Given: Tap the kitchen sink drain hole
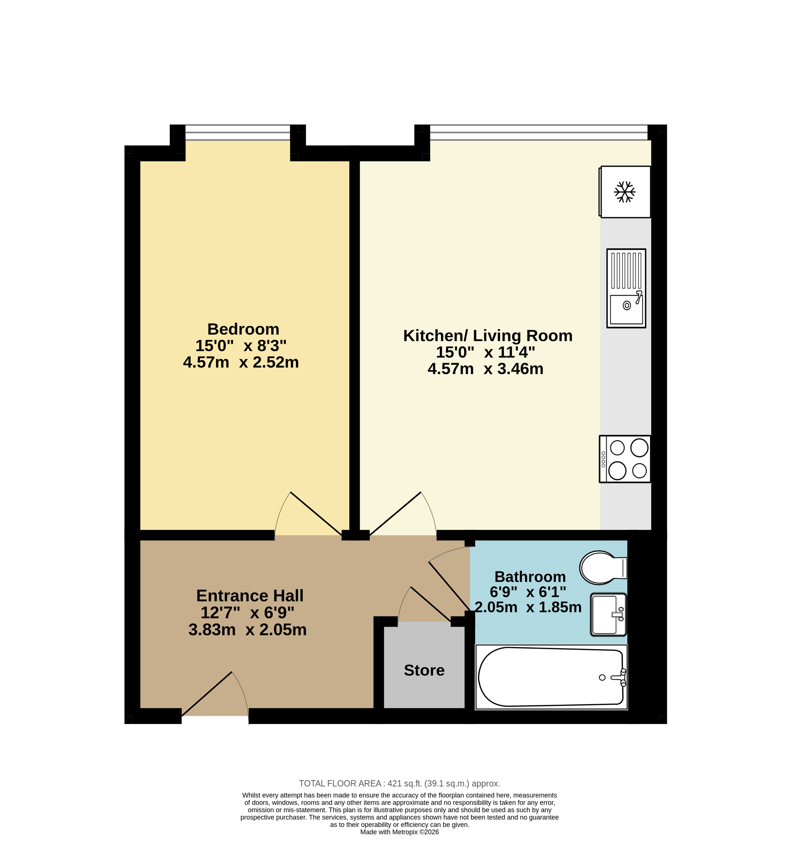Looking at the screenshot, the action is (626, 305).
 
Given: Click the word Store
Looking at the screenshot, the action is (424, 670).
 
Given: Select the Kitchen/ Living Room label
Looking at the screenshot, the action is (487, 336).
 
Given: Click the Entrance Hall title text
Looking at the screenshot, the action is (250, 596).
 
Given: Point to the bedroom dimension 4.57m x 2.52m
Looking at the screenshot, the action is (241, 362).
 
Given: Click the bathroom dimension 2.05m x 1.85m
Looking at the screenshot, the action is (528, 607).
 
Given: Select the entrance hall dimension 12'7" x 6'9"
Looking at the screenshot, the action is (247, 612).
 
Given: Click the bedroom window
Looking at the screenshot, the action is (237, 132).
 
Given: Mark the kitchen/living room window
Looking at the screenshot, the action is (539, 132).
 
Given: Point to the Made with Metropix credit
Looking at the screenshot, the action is (399, 832).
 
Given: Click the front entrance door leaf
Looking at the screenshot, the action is (207, 694).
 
